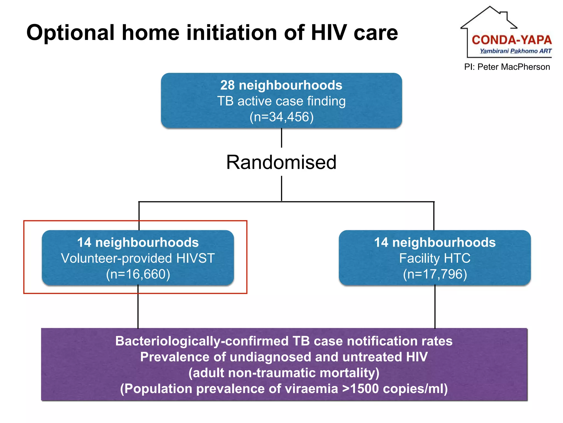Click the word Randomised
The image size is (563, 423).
pyautogui.click(x=281, y=162)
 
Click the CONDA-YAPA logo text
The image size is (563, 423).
pyautogui.click(x=512, y=40)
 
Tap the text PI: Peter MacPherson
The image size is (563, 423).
pyautogui.click(x=507, y=67)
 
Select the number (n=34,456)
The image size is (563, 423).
pyautogui.click(x=281, y=117)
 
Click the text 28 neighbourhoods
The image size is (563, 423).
pyautogui.click(x=281, y=85)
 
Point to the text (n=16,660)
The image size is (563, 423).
pyautogui.click(x=138, y=274)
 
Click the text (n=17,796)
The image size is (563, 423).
pyautogui.click(x=435, y=274)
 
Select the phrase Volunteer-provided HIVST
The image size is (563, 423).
pyautogui.click(x=138, y=258)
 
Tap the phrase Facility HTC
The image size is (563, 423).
pyautogui.click(x=435, y=258)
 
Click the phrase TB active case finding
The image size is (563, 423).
pyautogui.click(x=281, y=101)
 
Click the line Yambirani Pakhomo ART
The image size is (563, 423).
pyautogui.click(x=515, y=51)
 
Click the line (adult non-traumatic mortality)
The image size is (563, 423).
pyautogui.click(x=284, y=373)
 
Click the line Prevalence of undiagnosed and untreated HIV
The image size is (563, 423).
pyautogui.click(x=284, y=357)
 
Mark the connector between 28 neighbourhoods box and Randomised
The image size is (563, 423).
pyautogui.click(x=281, y=138)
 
